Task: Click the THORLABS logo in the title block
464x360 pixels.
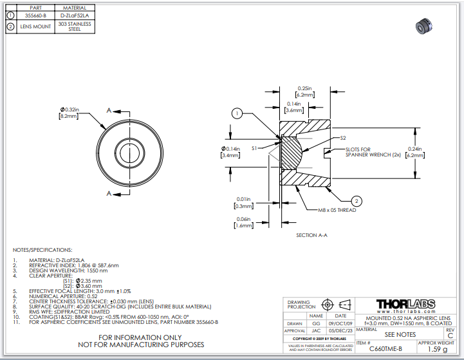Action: pyautogui.click(x=405, y=304)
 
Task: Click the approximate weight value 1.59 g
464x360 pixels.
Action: pyautogui.click(x=437, y=349)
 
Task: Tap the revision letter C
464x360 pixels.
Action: pyautogui.click(x=450, y=336)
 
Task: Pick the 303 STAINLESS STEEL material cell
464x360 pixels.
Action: pyautogui.click(x=74, y=26)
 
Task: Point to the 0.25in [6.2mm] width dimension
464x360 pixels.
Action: pyautogui.click(x=305, y=91)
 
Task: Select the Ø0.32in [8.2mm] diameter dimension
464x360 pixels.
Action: pyautogui.click(x=69, y=113)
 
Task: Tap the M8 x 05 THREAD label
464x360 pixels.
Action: pyautogui.click(x=337, y=210)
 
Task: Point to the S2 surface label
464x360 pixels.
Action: pyautogui.click(x=343, y=138)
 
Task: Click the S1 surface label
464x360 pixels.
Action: pyautogui.click(x=255, y=148)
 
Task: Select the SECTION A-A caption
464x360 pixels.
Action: pyautogui.click(x=311, y=235)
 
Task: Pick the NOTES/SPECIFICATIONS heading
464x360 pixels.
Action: pyautogui.click(x=42, y=249)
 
